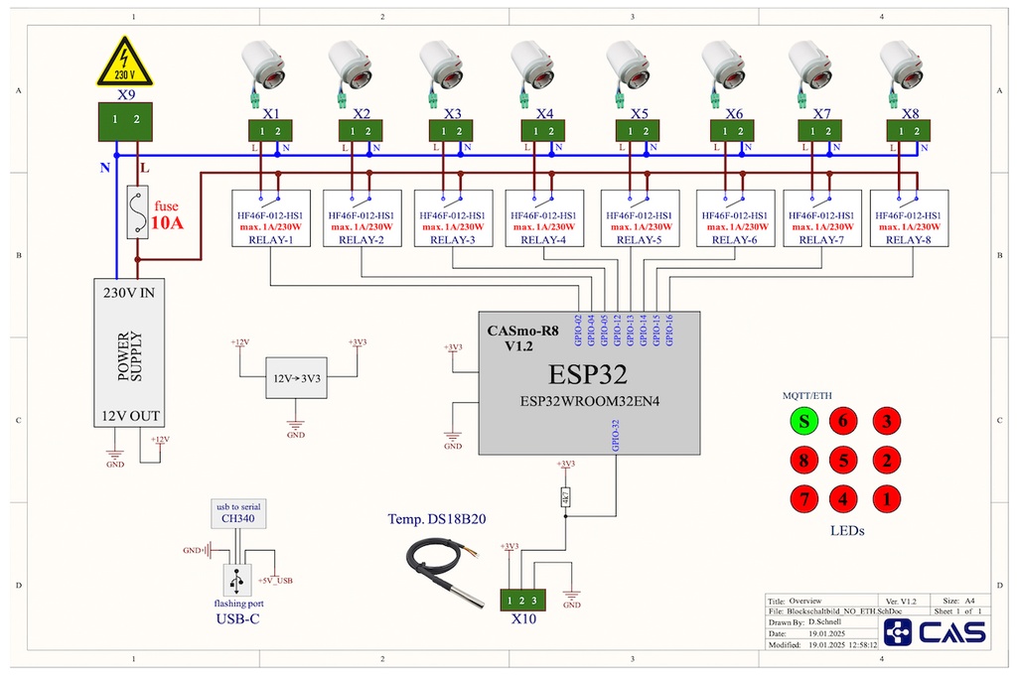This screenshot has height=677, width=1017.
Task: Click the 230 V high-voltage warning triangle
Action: [124, 64]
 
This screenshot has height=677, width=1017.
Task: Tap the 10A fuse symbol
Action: [138, 211]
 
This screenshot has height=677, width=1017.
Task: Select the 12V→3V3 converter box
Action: [295, 377]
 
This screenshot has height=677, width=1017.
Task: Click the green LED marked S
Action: [803, 422]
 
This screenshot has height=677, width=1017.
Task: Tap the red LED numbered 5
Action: [843, 461]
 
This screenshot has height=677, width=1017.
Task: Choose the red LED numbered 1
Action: [885, 499]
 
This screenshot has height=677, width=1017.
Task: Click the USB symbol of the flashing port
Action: [236, 579]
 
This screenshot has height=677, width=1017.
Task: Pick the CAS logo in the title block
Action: [936, 632]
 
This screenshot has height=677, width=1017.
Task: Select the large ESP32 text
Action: [589, 376]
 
